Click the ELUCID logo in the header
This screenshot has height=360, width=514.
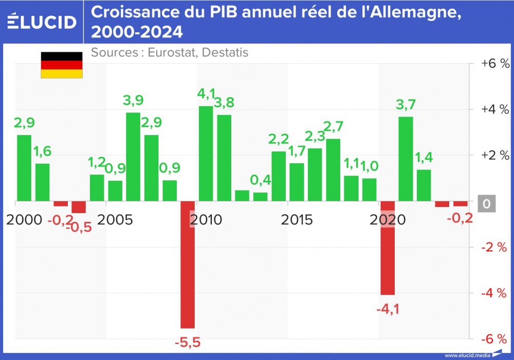(42, 22)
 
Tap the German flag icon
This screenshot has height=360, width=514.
(62, 65)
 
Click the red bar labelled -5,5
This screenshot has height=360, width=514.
(188, 264)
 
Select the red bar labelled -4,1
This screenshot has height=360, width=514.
(388, 248)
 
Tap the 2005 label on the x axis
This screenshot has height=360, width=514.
(115, 220)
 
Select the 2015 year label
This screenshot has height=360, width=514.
(297, 220)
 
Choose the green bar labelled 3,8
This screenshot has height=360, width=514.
(224, 158)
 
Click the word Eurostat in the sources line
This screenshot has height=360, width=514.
(170, 52)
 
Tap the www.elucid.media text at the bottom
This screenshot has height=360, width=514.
(467, 355)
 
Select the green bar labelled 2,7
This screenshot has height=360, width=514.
(333, 169)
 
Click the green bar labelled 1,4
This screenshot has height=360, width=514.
(424, 185)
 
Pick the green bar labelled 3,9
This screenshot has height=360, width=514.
(133, 156)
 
